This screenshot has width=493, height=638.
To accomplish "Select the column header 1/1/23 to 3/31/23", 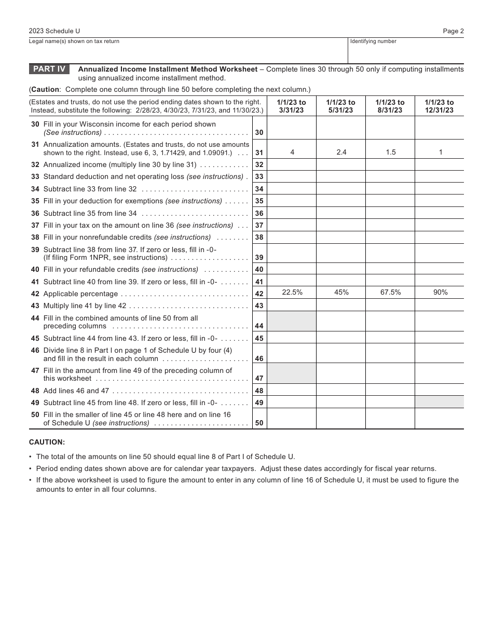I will click(x=292, y=106).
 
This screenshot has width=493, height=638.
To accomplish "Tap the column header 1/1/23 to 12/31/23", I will click(x=439, y=106).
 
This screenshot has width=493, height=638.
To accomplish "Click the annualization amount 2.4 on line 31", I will click(x=341, y=152).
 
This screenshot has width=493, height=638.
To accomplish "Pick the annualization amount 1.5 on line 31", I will click(x=390, y=152).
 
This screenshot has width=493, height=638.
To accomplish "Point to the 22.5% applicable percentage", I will click(x=292, y=293).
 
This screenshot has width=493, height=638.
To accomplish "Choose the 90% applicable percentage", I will click(x=440, y=293).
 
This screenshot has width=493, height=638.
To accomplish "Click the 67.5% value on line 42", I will click(x=390, y=293).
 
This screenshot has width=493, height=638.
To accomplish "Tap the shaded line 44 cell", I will click(x=292, y=322).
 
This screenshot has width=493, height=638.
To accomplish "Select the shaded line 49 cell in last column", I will click(x=440, y=402).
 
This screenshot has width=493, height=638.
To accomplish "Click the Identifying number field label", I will click(x=373, y=41).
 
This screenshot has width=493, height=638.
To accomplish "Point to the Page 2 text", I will click(x=453, y=31).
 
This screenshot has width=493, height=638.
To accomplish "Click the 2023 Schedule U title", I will click(x=54, y=31).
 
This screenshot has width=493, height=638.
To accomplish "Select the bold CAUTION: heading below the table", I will click(x=47, y=442).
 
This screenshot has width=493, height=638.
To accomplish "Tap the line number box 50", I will click(x=259, y=423).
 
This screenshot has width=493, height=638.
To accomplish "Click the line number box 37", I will click(x=259, y=226).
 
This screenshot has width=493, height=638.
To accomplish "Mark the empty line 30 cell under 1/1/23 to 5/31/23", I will click(x=341, y=128).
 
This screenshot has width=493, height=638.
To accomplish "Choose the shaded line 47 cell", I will click(x=292, y=373).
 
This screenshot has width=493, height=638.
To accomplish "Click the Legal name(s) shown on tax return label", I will click(x=74, y=41).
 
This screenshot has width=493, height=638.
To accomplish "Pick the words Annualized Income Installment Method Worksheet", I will click(x=168, y=69).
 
